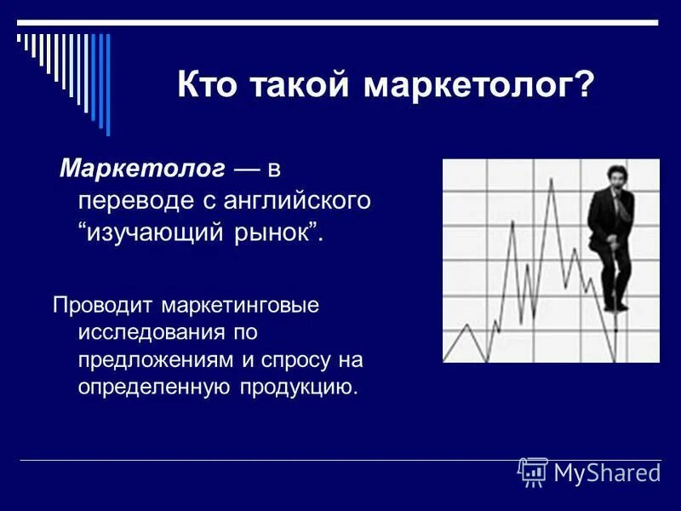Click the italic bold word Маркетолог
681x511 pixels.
pos(142,170)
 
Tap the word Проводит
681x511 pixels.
pos(104,304)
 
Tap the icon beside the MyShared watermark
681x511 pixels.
pos(533,472)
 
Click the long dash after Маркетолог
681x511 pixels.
pos(247,171)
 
